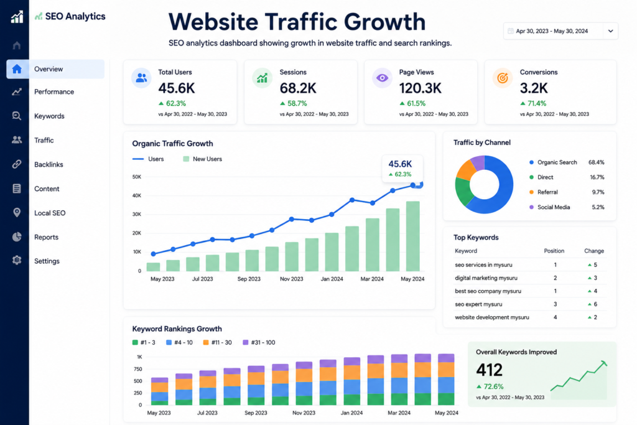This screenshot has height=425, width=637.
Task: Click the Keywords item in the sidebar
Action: point(49,116)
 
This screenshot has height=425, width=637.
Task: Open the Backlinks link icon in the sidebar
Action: point(17,164)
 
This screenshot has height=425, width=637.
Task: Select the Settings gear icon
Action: point(17,260)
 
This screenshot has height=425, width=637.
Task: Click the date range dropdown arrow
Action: point(611,31)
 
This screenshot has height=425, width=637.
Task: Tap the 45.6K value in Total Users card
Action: point(177,88)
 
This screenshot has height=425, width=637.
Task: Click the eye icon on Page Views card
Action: point(382,78)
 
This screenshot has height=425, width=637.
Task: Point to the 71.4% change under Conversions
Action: point(533,104)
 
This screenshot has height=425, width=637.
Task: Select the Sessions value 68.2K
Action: point(298,88)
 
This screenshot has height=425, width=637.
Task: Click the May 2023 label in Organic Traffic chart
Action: point(162,279)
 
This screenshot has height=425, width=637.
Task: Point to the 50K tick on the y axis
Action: point(136,177)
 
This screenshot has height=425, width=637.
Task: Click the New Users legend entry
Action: point(203,159)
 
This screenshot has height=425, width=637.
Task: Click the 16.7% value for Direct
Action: point(597,177)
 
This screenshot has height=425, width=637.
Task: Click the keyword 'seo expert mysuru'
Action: point(478,304)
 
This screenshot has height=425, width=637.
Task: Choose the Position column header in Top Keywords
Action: point(554,251)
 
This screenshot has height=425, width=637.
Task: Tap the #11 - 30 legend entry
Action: point(217,342)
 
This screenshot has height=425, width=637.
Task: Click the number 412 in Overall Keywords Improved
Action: point(489,370)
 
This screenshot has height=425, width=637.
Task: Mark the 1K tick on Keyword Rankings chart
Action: point(139,357)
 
